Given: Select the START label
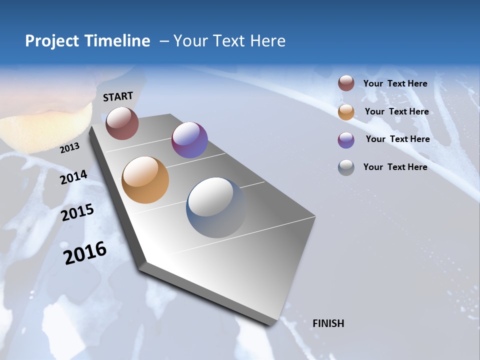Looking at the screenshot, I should [118, 96].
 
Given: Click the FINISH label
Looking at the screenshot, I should [328, 323].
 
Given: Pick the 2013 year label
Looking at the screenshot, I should [69, 147].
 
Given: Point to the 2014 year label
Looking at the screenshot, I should [73, 177].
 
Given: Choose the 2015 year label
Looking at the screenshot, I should [77, 212].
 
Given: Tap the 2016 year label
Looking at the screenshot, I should [85, 253].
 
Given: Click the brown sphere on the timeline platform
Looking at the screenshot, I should [122, 123].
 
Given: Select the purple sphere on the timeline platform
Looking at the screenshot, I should [189, 140].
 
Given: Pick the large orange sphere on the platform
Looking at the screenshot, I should [145, 180].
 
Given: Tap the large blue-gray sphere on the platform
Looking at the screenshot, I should [216, 207].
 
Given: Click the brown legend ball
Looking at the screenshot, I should [346, 83].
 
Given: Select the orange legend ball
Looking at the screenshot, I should [346, 112].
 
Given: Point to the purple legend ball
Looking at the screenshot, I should [346, 140].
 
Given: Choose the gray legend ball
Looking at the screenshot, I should [346, 167].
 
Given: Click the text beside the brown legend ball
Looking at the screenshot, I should [395, 83].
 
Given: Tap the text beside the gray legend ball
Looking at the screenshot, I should [395, 167].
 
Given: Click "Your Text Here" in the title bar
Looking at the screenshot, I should [229, 41].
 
